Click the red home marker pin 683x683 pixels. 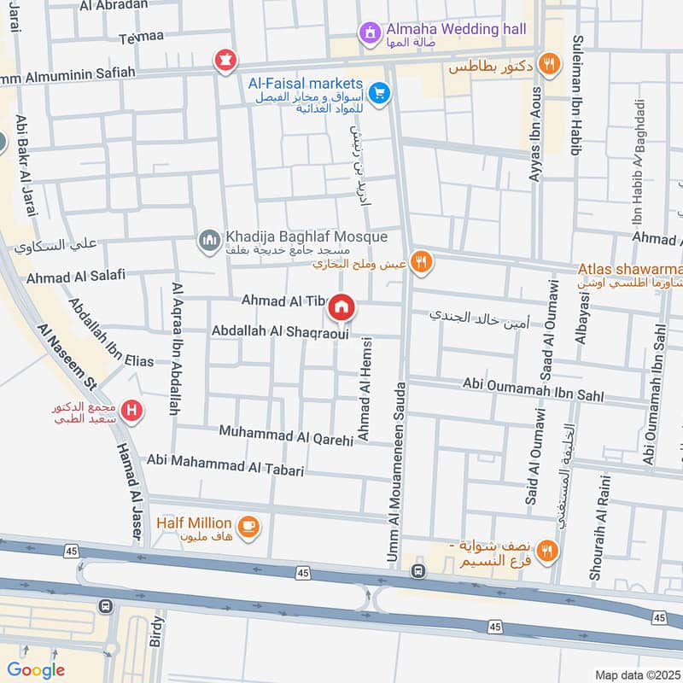coord(341,306)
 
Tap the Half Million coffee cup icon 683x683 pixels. coord(249,527)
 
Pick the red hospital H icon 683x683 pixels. coord(131,412)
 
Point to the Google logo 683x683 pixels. coord(36,670)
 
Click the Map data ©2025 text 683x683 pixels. coord(636,674)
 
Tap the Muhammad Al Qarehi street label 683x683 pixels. coord(285,434)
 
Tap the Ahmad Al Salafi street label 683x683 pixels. coord(76,276)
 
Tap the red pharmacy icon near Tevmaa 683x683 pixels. coord(226,60)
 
